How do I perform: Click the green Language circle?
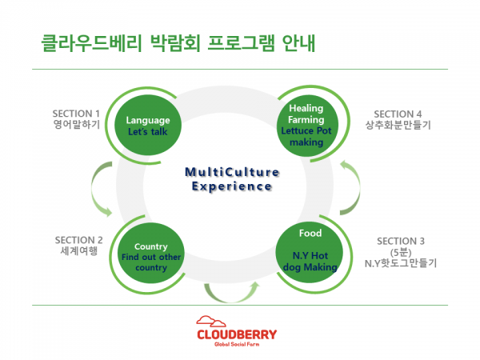[154, 126]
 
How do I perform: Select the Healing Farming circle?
[306, 125]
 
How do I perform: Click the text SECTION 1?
[76, 114]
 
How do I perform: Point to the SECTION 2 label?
[78, 240]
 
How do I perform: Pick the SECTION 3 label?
[401, 241]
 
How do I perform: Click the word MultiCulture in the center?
[232, 172]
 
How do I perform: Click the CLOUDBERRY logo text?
[238, 331]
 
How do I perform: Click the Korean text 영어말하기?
[76, 126]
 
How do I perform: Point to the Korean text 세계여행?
[78, 252]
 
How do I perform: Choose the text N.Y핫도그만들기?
[401, 263]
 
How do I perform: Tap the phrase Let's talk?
[154, 131]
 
